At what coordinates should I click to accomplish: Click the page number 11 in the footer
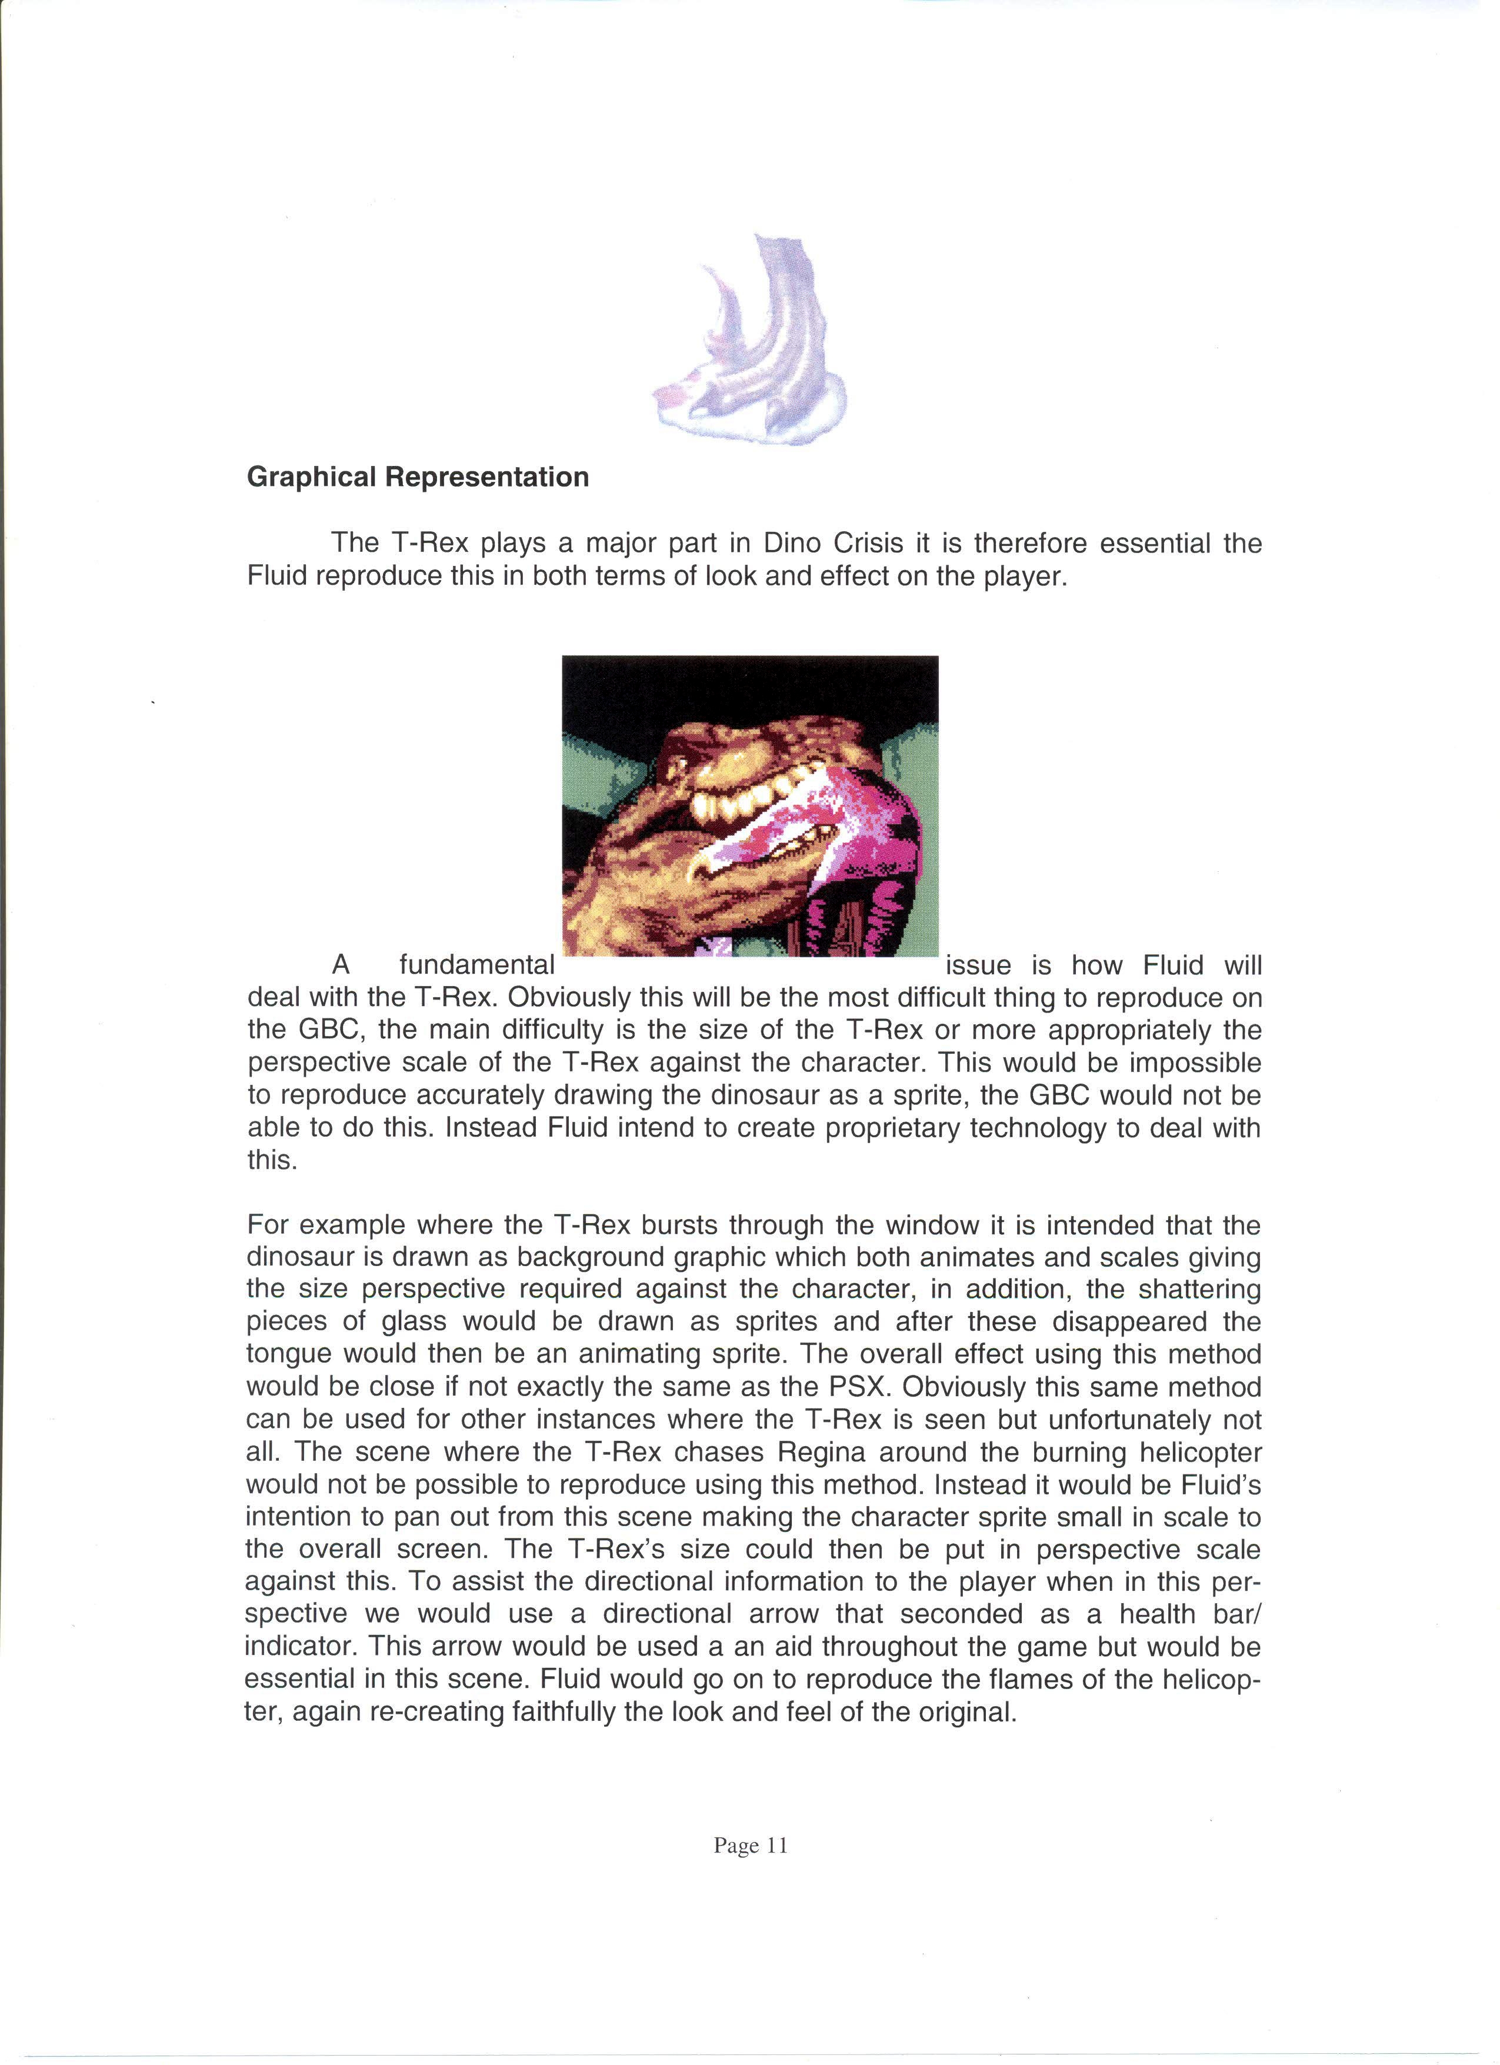(776, 1846)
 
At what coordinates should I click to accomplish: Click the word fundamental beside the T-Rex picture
(477, 966)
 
